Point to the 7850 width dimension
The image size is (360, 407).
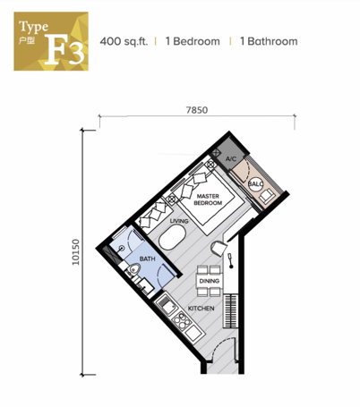196,109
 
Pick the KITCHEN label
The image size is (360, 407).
200,309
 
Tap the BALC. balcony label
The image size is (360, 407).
255,184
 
